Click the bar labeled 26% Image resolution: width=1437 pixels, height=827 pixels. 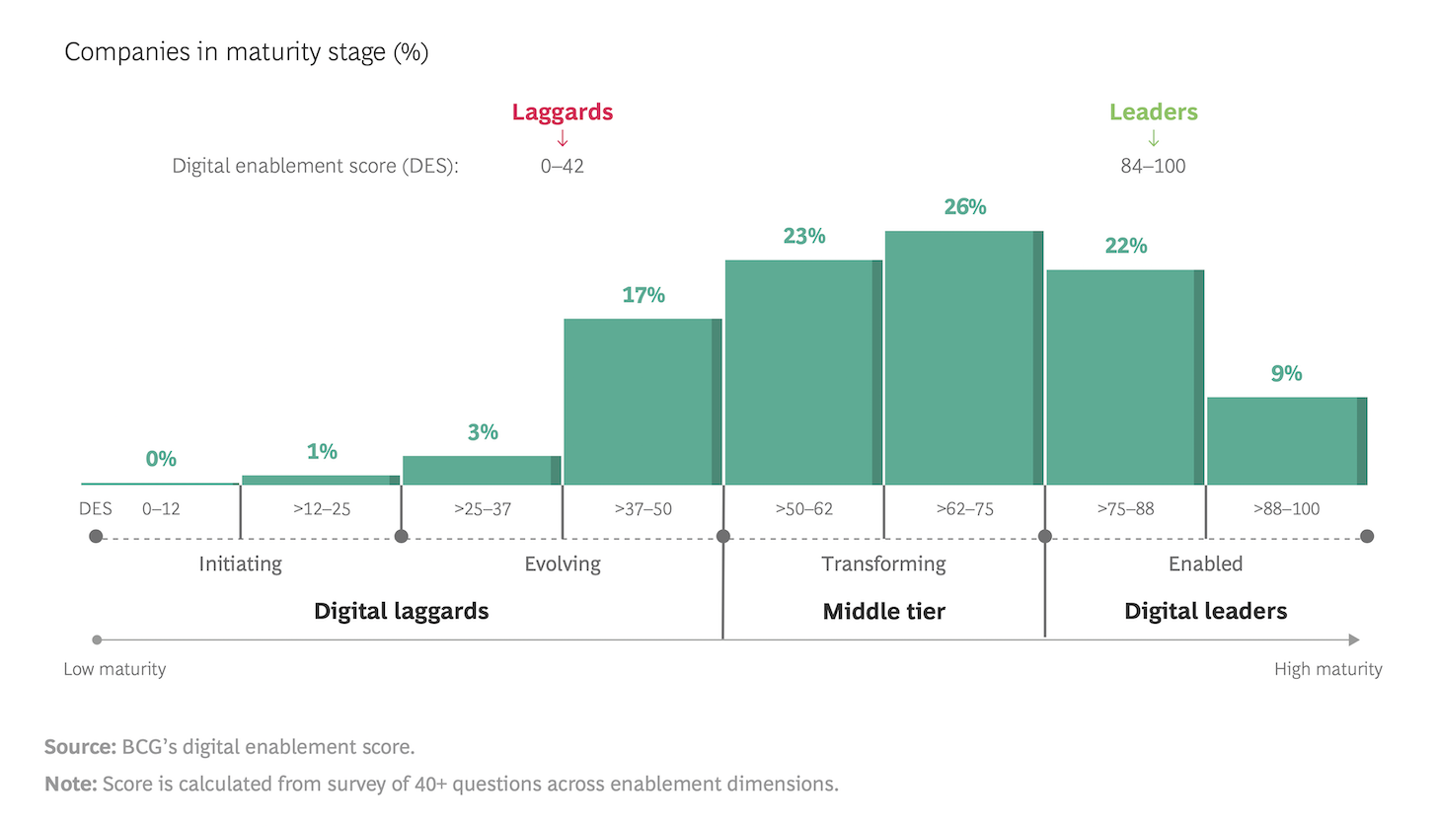963,357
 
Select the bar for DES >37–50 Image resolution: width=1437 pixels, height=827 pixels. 642,402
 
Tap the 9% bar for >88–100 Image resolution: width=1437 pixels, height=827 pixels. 1286,441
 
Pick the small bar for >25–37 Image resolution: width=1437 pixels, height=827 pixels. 482,471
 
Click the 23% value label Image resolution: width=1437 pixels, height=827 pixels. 804,237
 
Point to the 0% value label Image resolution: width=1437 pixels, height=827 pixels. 161,459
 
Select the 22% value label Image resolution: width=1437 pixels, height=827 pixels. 1126,246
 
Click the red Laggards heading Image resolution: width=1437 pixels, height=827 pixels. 563,112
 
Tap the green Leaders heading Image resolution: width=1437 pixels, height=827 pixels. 1153,112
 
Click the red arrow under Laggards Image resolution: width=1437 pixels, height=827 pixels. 563,139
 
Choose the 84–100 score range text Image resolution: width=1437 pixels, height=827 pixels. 1153,166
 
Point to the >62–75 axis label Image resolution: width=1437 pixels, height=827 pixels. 964,509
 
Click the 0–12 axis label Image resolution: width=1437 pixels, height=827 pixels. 161,509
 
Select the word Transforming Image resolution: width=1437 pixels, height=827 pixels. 883,564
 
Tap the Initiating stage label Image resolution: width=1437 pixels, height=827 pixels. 240,564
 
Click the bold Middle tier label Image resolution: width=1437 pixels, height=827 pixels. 883,612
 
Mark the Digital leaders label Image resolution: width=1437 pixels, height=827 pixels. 1205,612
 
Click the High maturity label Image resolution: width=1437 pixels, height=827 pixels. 1327,669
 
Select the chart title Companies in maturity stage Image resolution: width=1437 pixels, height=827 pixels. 246,52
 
